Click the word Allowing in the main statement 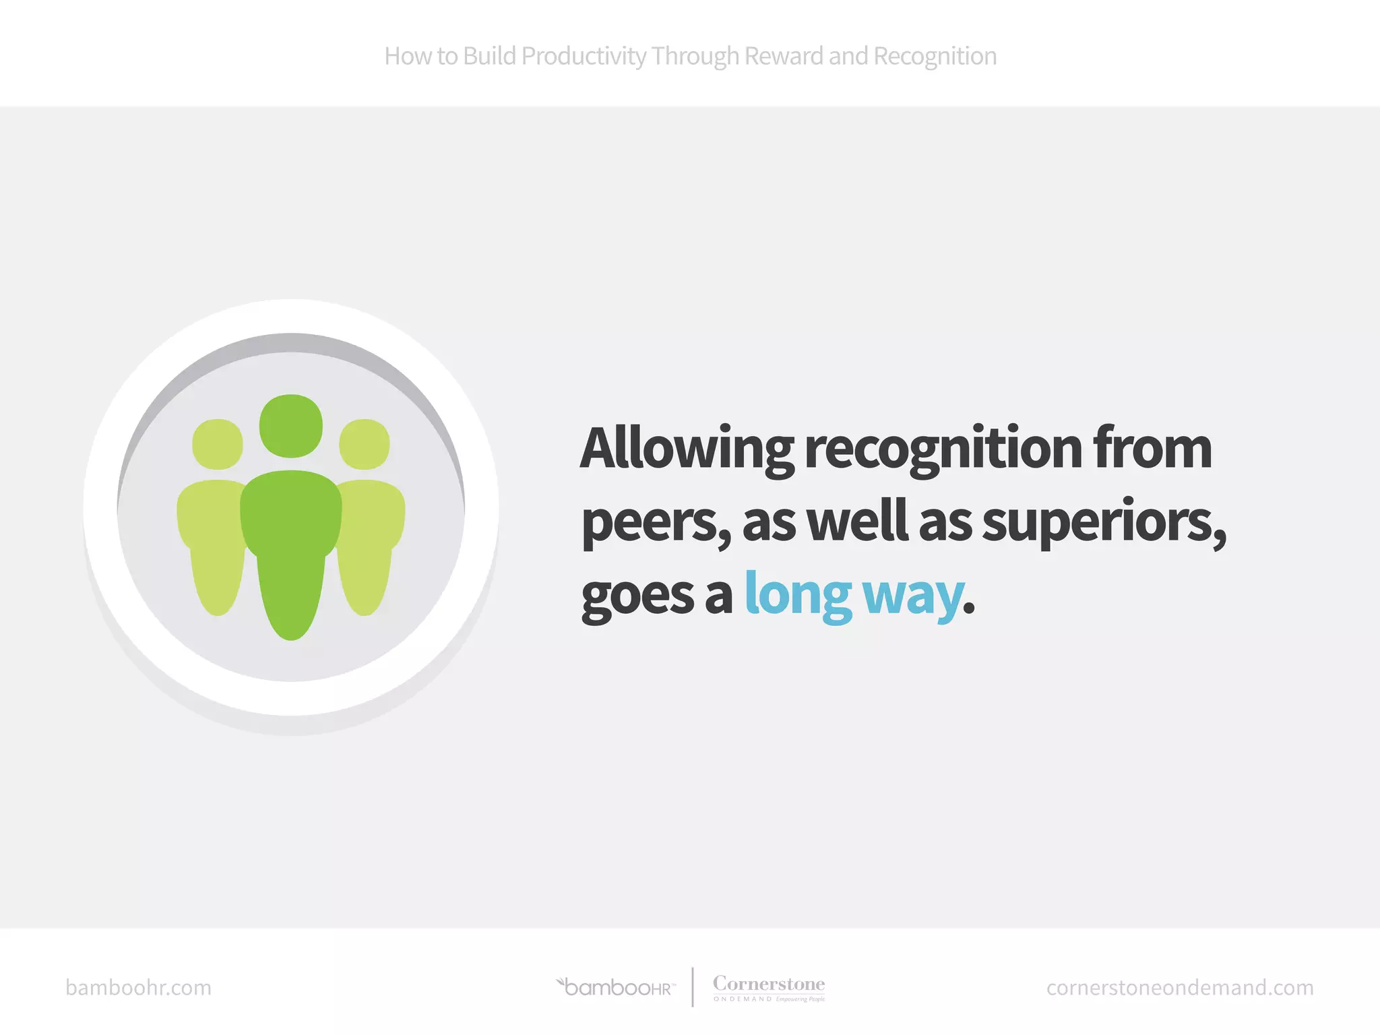click(687, 449)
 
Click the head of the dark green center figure click(291, 426)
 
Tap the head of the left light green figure click(217, 444)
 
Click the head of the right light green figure click(365, 444)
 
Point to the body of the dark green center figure click(291, 546)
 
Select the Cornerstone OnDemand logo click(769, 988)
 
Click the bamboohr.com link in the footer click(138, 988)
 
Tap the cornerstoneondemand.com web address click(1180, 988)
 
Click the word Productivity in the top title click(584, 57)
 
